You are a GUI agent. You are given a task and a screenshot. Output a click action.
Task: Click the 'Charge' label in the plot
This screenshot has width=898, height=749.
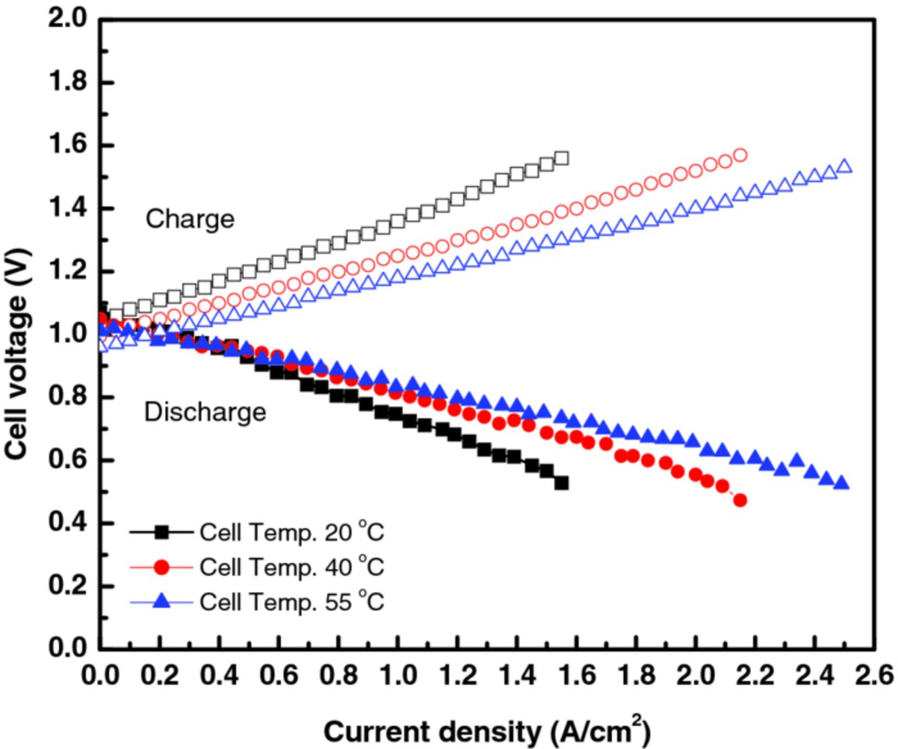pos(189,220)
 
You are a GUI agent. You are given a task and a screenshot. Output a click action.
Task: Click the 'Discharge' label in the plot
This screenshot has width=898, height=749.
pos(205,412)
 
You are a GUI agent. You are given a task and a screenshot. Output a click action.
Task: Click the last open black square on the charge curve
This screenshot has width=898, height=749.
pos(561,158)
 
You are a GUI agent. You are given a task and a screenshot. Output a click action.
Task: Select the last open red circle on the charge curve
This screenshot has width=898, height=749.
pos(740,155)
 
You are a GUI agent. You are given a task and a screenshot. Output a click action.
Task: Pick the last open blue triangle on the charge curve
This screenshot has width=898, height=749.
pos(845,166)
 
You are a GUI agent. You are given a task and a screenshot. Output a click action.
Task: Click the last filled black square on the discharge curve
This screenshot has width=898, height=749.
pos(561,483)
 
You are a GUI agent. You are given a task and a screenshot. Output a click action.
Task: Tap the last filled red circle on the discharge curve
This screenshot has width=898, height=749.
pos(739,500)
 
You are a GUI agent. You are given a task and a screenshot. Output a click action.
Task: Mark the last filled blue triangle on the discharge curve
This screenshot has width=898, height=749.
pos(843,483)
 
